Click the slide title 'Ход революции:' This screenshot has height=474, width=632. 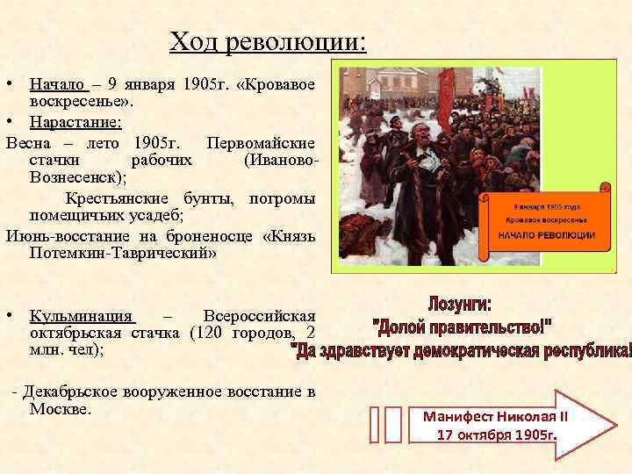pyautogui.click(x=269, y=41)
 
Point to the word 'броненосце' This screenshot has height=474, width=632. pyautogui.click(x=201, y=236)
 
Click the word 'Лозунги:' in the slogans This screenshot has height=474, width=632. pyautogui.click(x=459, y=305)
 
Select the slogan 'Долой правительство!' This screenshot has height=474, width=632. pyautogui.click(x=463, y=327)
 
